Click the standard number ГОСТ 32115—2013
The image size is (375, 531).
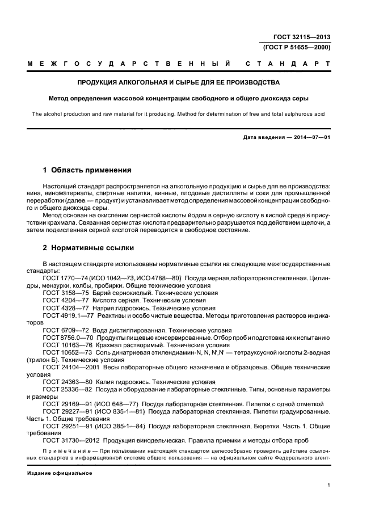coord(301,37)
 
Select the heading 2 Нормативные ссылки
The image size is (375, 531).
coord(89,248)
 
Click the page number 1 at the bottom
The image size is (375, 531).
coord(328,484)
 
